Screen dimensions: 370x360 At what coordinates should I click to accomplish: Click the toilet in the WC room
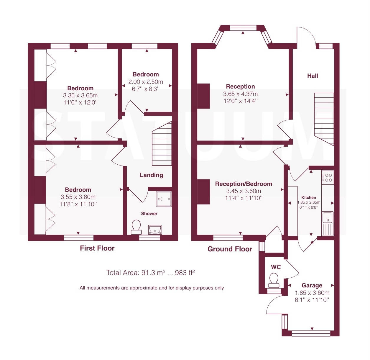(x=274, y=280)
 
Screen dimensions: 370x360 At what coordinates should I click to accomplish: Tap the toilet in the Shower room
(x=136, y=227)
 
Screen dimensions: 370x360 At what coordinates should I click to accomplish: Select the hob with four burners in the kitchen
(x=328, y=177)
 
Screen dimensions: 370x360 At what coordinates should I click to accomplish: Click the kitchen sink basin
(x=328, y=217)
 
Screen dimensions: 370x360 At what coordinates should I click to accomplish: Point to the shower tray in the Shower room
(x=164, y=199)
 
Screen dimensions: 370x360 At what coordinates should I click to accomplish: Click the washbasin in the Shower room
(x=155, y=230)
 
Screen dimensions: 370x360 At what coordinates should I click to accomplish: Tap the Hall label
(x=313, y=76)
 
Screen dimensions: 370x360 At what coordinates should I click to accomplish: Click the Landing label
(x=151, y=175)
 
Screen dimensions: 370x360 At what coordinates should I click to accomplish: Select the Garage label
(x=312, y=285)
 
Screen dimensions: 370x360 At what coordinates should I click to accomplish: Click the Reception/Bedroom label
(x=244, y=184)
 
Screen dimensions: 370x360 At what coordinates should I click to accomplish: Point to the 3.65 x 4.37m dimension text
(x=240, y=94)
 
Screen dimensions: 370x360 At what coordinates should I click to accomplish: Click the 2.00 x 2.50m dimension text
(x=146, y=82)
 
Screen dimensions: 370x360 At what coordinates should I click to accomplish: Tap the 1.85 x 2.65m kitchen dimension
(x=309, y=202)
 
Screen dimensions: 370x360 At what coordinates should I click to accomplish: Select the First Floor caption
(x=97, y=248)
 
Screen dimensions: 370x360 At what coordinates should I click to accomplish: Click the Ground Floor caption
(x=230, y=249)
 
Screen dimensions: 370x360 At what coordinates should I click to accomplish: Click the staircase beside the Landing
(x=162, y=143)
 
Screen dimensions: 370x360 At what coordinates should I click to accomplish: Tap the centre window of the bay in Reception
(x=243, y=28)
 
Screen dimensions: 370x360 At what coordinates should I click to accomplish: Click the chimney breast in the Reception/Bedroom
(x=203, y=192)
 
